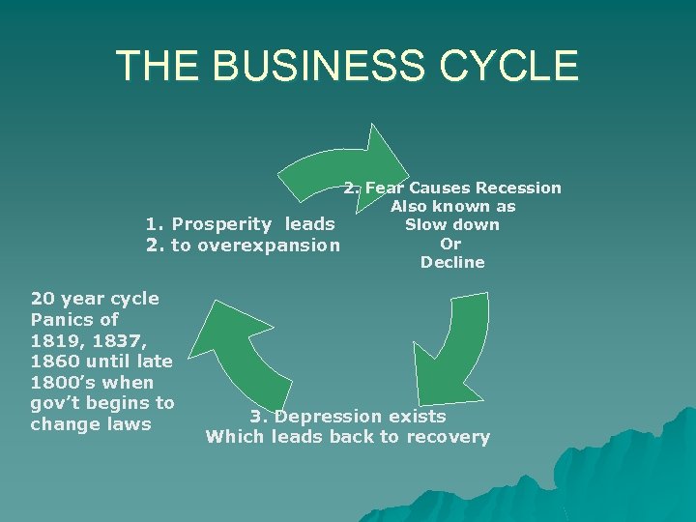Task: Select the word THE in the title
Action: pos(157,65)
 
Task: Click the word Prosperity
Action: pos(221,225)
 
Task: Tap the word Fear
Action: pos(387,188)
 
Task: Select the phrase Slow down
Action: pos(452,224)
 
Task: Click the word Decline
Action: pos(452,262)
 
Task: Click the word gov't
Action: pos(57,403)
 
